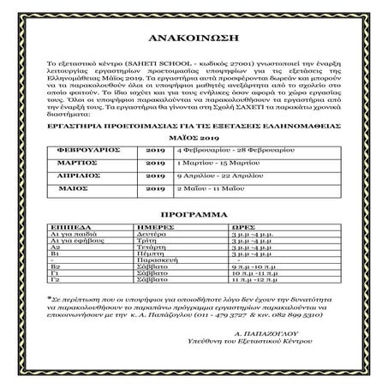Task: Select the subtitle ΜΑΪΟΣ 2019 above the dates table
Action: (194, 134)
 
